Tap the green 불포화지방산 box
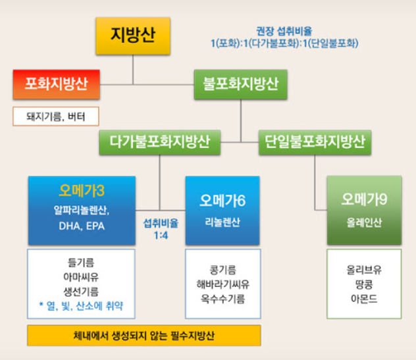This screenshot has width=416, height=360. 240,84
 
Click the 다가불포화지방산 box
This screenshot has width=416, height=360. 160,141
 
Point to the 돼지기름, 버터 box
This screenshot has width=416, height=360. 55,116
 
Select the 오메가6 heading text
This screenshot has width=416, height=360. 222,199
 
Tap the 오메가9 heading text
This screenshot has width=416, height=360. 364,199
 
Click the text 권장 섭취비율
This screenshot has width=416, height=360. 284,30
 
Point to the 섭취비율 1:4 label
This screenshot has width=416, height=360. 161,228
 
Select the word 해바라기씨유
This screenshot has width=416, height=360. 222,284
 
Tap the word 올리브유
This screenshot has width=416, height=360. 364,269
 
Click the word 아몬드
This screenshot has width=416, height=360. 364,298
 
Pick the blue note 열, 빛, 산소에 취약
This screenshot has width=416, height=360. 82,306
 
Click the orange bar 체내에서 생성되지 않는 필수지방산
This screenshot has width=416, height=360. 143,335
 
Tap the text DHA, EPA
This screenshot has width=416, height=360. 82,226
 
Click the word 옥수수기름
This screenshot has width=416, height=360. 222,298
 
